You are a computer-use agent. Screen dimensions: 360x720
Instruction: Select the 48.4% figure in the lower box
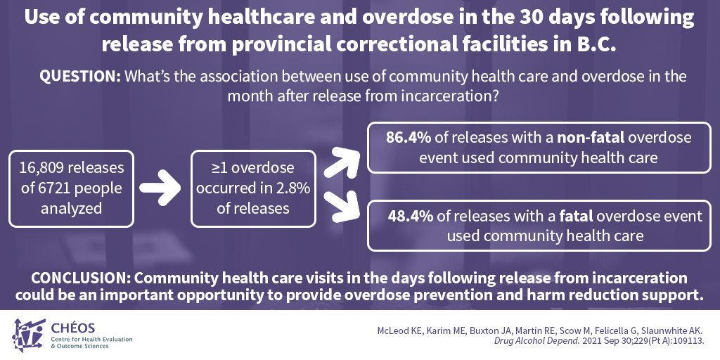[x=411, y=216]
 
